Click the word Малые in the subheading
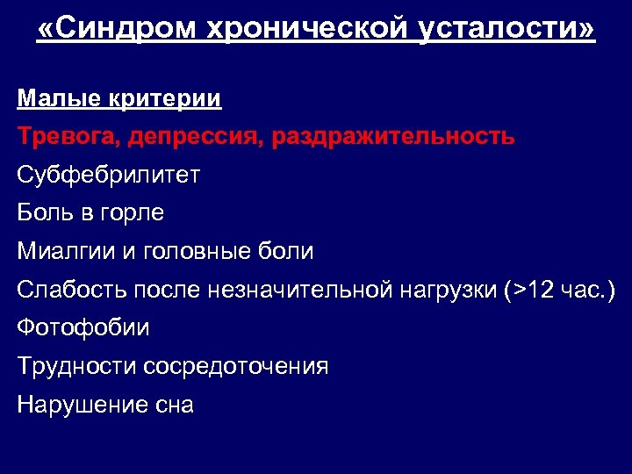(x=54, y=98)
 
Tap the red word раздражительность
(x=394, y=138)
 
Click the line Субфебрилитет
(x=108, y=176)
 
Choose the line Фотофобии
(x=83, y=327)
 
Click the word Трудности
(x=76, y=366)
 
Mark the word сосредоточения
(x=236, y=366)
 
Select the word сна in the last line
(x=172, y=405)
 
